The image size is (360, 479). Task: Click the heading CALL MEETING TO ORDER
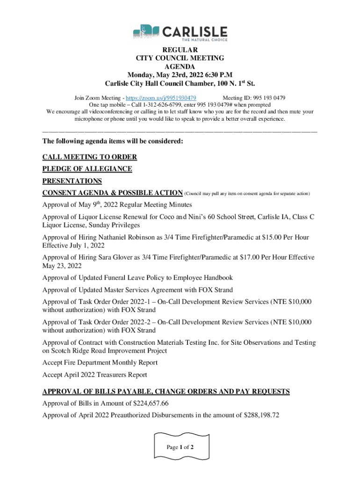[90, 157]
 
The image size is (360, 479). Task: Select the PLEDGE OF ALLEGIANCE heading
[87, 169]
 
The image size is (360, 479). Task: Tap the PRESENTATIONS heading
[72, 181]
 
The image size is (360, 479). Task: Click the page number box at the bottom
[180, 447]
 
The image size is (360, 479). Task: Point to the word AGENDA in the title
[180, 66]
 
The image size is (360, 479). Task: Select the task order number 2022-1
[126, 302]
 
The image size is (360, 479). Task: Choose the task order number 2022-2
[126, 322]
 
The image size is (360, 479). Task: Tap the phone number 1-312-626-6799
[147, 105]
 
